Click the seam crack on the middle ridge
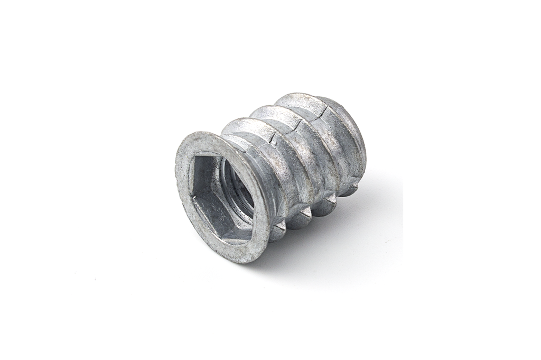pos(300,124)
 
